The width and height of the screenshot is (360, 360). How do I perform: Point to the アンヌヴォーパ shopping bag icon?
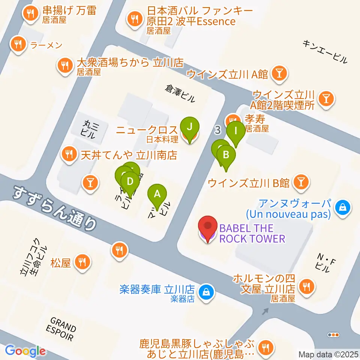coord(343,206)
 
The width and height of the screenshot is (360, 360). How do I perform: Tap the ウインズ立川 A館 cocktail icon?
coord(280,73)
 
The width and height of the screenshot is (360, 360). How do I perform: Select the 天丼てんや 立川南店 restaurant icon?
coord(69,153)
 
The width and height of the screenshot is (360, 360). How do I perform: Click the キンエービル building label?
coord(325,52)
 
